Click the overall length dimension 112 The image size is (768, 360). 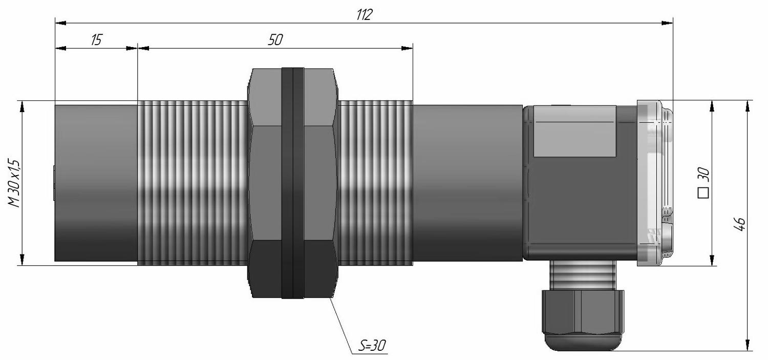coord(364,15)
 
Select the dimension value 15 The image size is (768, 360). coord(97,40)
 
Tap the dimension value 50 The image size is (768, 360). coord(275,40)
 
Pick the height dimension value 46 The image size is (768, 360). coord(740,224)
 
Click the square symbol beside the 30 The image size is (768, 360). coord(703,193)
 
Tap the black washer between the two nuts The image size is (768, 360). coord(293,183)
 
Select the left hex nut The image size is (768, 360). coord(265,183)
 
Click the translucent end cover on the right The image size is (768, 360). coord(654,183)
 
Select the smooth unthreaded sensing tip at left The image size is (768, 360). coord(96,183)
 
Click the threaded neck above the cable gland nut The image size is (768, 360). coord(581,275)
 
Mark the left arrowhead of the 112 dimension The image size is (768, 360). coord(60,23)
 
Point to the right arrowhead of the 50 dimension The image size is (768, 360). coord(408,48)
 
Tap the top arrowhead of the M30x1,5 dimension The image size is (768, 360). coord(23,107)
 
